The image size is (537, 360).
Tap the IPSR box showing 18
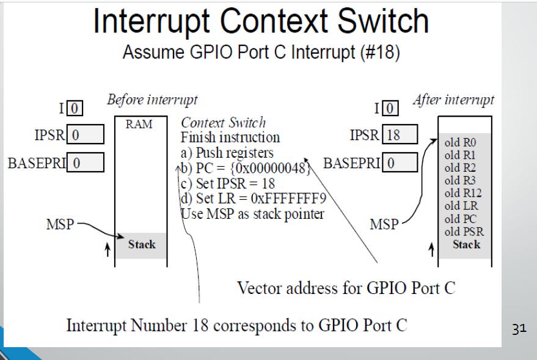[400, 134]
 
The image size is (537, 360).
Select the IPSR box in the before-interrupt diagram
[84, 134]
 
